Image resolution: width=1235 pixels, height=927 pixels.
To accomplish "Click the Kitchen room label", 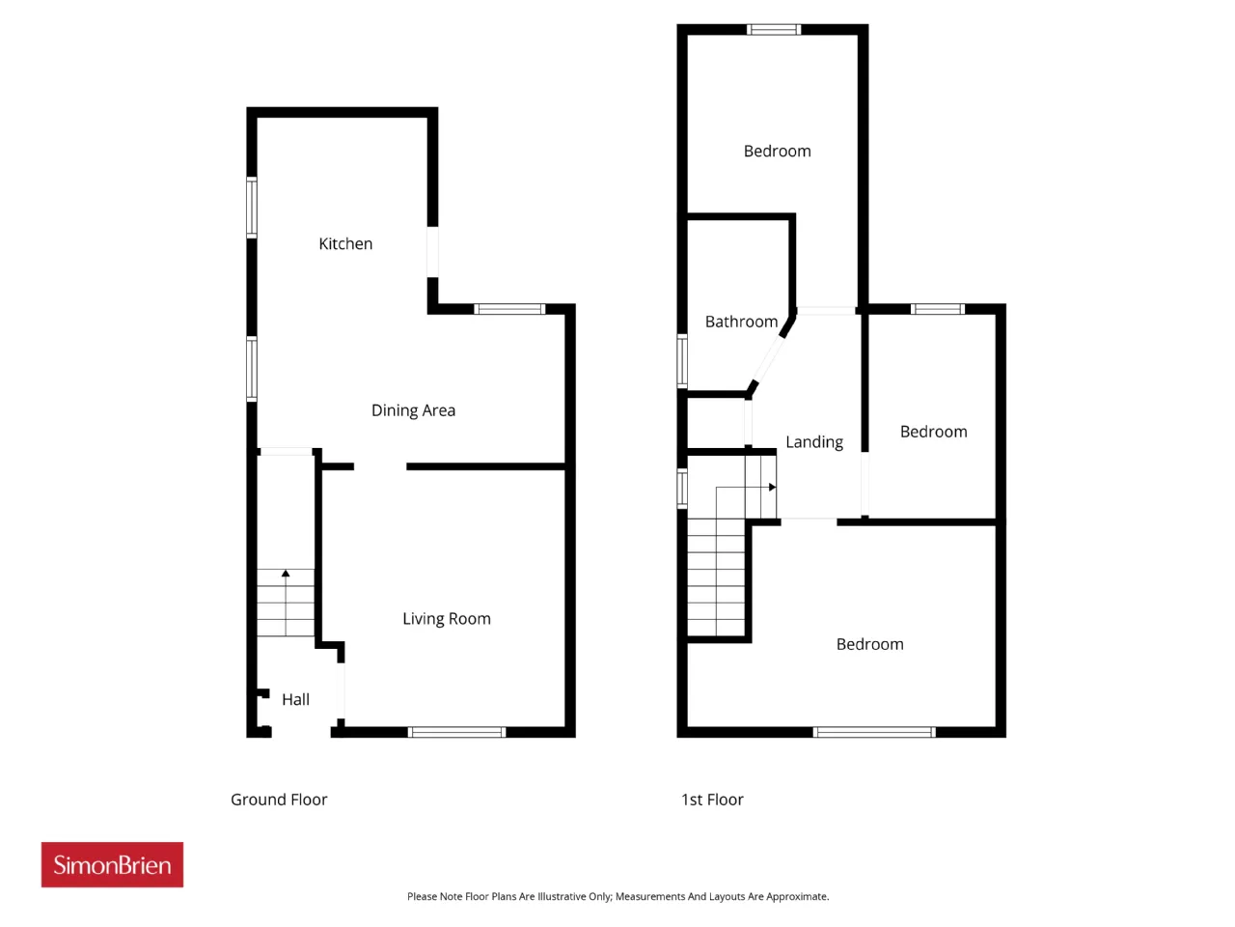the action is pos(344,243).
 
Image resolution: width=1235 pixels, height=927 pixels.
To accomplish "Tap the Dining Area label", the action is pos(413,411).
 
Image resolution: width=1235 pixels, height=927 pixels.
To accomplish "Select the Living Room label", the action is pos(446,619).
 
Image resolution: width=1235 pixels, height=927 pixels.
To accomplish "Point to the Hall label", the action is pos(295,700).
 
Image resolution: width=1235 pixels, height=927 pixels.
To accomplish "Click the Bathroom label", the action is pos(741,322).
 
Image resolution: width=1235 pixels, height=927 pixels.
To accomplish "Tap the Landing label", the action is pos(814,442).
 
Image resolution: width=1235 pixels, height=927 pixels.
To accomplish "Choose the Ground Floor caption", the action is pos(279,800).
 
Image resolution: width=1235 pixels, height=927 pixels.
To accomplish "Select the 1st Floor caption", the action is pos(712,800).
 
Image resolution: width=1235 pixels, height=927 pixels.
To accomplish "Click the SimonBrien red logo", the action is pos(112,864).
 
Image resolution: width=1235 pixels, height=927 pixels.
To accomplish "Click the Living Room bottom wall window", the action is pos(456,732).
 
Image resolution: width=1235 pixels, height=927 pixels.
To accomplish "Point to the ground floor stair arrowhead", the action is pos(286,574).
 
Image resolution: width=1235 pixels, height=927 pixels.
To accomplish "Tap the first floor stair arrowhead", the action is pos(773,488).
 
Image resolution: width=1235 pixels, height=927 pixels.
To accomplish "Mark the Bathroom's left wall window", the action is pos(682,361).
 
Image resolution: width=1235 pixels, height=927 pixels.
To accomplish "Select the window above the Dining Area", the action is pos(509,309).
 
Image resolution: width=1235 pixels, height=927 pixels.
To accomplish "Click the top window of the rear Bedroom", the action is pos(774,29).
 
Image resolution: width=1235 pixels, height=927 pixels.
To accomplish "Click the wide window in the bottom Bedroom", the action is pos(874,732).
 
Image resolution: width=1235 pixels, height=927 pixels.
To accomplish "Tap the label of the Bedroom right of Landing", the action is pos(933,433).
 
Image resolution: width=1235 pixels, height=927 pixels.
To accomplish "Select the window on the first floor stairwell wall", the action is pos(682,489).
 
